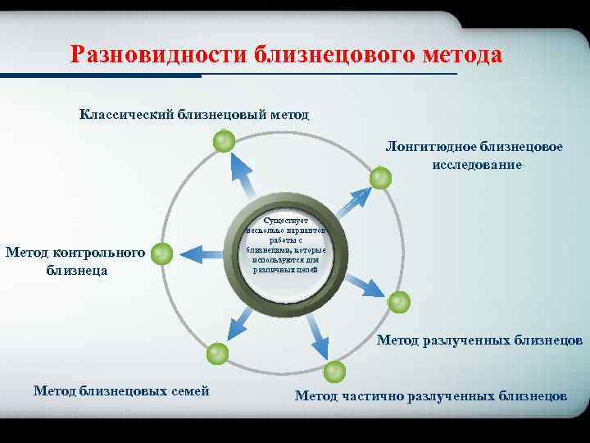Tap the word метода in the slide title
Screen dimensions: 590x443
pyautogui.click(x=460, y=55)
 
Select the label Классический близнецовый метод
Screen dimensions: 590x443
pyautogui.click(x=194, y=114)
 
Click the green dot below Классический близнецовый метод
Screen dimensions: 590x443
pyautogui.click(x=223, y=143)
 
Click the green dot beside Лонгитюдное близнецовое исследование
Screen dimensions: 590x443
pyautogui.click(x=380, y=178)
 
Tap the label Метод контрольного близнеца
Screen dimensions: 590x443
pyautogui.click(x=75, y=260)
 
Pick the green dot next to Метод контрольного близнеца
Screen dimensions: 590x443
pyautogui.click(x=162, y=253)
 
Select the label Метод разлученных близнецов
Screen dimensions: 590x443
pyautogui.click(x=479, y=340)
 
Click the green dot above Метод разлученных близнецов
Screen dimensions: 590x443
pyautogui.click(x=398, y=303)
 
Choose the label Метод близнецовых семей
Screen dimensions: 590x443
pyautogui.click(x=121, y=390)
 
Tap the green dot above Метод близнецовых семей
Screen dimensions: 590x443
pyautogui.click(x=217, y=354)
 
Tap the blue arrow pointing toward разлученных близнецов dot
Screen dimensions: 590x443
pyautogui.click(x=364, y=282)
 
